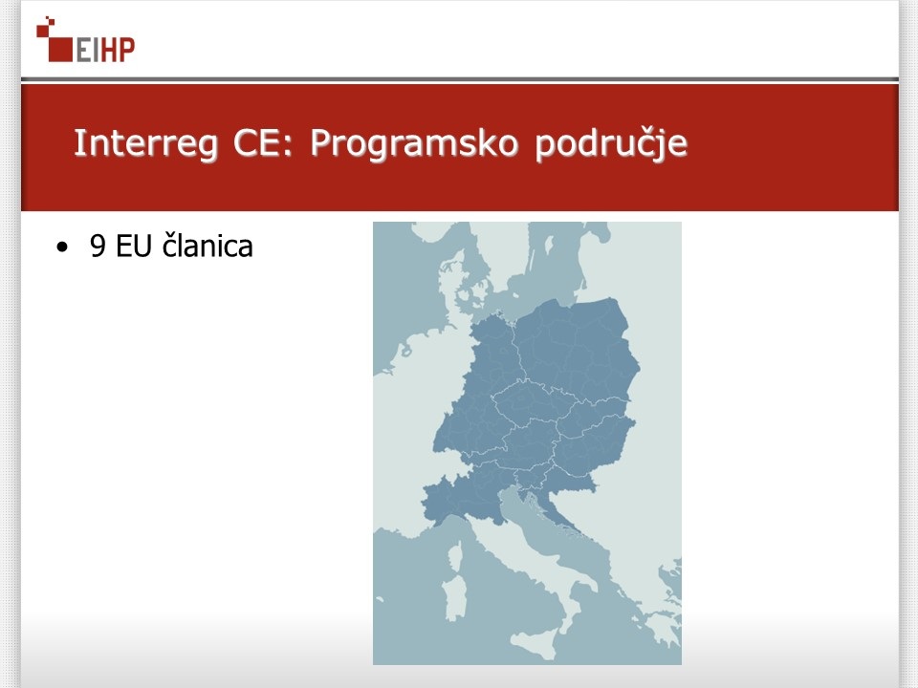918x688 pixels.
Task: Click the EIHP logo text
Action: tap(105, 49)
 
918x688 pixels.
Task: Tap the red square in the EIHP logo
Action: tap(59, 49)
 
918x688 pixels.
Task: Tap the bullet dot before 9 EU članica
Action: tap(62, 247)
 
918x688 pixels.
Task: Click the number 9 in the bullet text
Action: tap(98, 246)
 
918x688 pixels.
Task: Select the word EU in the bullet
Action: tap(134, 246)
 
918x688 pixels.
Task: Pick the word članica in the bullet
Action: tap(208, 246)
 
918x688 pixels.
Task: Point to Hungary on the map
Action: tap(591, 447)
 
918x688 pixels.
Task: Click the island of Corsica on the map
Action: tap(455, 554)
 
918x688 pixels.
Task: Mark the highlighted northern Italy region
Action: tap(463, 497)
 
